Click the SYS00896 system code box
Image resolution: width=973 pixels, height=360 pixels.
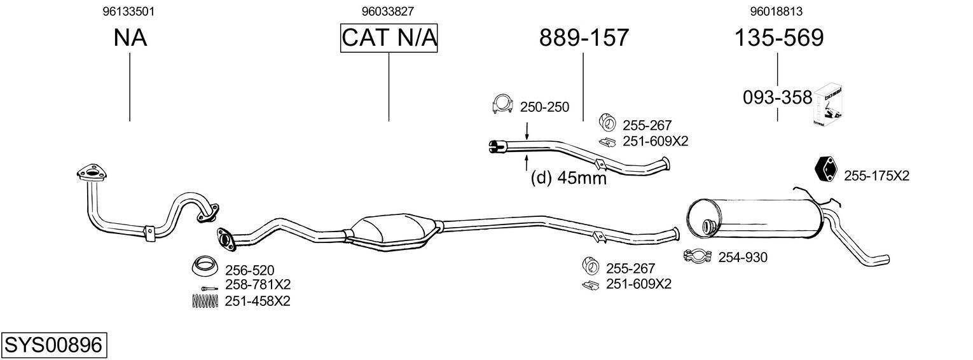coord(54,345)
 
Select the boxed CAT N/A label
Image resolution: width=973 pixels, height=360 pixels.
coord(389,38)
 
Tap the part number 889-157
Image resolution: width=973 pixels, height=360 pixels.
coord(584,38)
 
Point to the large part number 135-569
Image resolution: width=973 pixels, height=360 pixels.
coord(779,38)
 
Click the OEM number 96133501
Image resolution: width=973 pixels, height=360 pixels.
coord(128,11)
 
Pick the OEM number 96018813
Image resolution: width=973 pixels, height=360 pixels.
coord(776,11)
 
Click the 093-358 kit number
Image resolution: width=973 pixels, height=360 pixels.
coord(777,97)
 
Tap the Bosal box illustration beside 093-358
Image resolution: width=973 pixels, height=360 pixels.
coord(829,106)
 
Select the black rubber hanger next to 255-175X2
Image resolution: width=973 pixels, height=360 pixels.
coord(825,169)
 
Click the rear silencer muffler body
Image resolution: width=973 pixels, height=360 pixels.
coord(755,218)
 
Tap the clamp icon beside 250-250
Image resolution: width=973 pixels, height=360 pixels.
coord(502,103)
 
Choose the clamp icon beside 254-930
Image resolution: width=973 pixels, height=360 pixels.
coord(698,256)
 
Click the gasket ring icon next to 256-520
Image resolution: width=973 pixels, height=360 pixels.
coord(205,266)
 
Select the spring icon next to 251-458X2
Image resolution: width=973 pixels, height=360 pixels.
coord(205,301)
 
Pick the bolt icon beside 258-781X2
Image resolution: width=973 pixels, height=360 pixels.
coord(209,288)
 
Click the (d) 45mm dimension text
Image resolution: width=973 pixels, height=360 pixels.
coord(569,177)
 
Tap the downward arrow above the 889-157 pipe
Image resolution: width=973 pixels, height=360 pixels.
coord(527,131)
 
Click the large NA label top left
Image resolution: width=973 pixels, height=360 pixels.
coord(130,38)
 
